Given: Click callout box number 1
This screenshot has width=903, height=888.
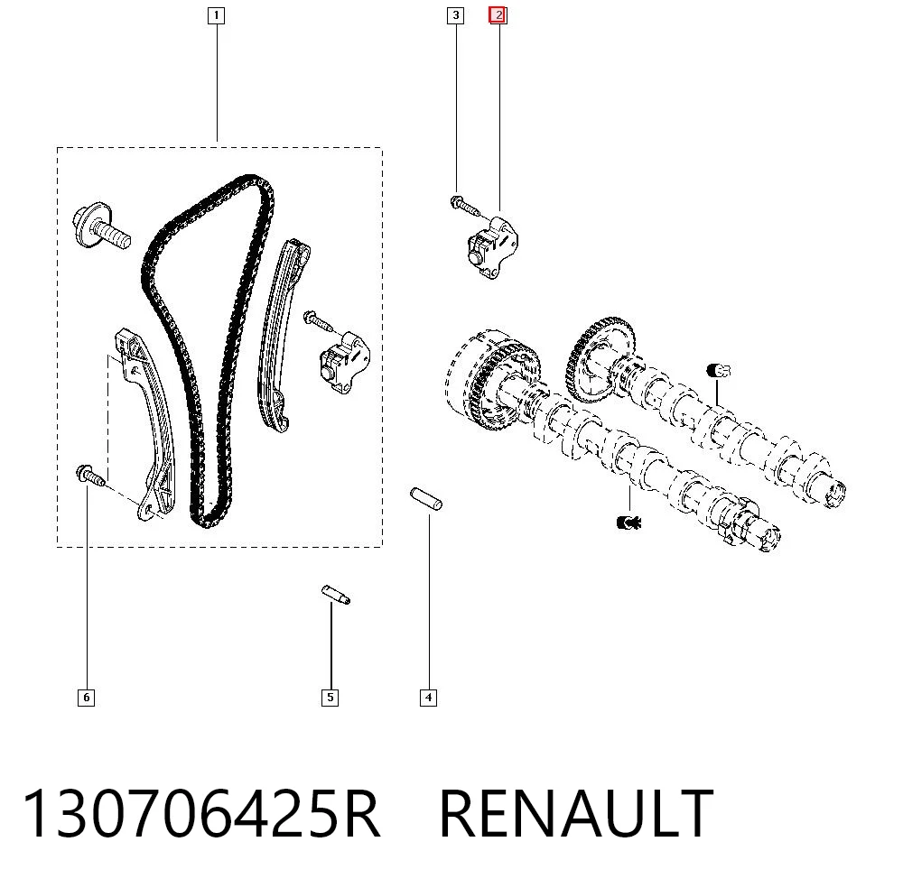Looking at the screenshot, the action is (x=216, y=15).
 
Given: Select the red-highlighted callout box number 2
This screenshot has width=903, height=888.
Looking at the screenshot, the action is (x=498, y=15).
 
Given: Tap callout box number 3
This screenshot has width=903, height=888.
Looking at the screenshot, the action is (x=455, y=15).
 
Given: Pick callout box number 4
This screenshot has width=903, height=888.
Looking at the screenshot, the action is (x=428, y=698).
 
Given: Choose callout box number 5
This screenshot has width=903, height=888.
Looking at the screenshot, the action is (x=330, y=698).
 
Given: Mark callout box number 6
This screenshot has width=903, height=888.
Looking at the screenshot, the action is (x=86, y=698).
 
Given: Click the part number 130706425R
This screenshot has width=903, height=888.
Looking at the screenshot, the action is (x=201, y=814).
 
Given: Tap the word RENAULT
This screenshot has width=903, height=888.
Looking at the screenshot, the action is (x=576, y=814).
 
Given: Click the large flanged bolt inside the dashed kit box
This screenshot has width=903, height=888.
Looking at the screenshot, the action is (x=101, y=226).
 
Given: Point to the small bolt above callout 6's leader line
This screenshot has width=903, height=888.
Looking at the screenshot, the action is (x=90, y=476).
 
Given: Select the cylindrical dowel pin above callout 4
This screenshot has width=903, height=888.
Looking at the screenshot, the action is (x=426, y=498).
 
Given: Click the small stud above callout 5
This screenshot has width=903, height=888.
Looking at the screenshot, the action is (x=336, y=595).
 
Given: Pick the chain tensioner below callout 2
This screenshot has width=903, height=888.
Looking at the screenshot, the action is (x=493, y=247).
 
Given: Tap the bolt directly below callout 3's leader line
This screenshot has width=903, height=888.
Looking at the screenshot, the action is (x=465, y=206).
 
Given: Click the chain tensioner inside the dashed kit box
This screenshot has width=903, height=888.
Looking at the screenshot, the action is (x=345, y=362).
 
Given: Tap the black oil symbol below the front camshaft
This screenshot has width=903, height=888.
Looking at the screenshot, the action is (x=628, y=523).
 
